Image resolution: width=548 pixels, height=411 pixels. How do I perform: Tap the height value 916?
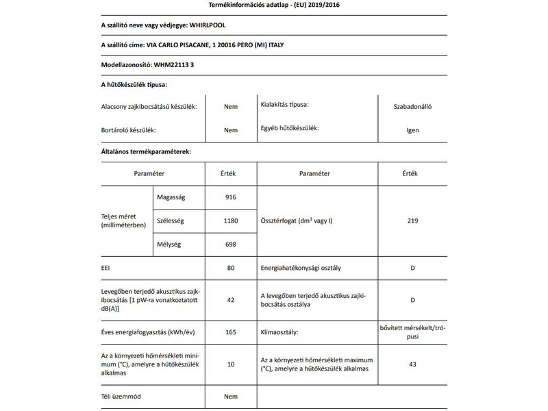[230, 197]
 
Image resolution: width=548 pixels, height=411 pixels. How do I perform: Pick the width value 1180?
[230, 221]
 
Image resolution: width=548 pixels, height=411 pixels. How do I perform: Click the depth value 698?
[230, 244]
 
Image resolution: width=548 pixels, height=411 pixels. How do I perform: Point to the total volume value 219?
[412, 221]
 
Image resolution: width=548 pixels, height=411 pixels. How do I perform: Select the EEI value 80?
[230, 268]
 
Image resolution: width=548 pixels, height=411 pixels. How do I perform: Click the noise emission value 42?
[230, 299]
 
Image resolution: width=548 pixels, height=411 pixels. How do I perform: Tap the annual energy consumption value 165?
[230, 332]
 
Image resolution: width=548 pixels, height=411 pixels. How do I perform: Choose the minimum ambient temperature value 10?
[230, 364]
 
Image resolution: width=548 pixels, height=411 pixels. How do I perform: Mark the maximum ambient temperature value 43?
[412, 364]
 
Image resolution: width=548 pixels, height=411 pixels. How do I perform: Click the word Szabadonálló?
[412, 106]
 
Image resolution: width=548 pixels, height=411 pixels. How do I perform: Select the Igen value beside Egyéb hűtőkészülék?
[412, 130]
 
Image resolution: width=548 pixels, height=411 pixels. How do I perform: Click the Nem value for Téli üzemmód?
[230, 397]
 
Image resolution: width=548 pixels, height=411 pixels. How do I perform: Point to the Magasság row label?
[171, 197]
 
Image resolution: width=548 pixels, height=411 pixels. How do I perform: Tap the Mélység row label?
[170, 244]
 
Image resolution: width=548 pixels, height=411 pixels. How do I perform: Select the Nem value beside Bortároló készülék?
[230, 130]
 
